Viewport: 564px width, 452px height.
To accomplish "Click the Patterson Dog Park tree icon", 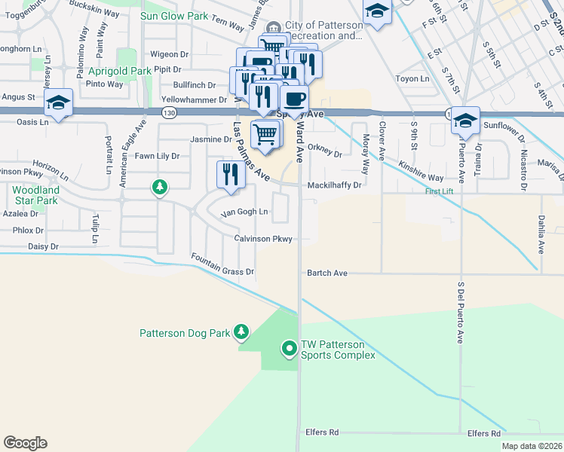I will [x=241, y=331].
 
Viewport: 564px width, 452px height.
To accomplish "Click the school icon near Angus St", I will [x=58, y=103].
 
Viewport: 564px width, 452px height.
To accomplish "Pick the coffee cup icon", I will [x=295, y=98].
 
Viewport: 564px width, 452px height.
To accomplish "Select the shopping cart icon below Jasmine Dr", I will [x=265, y=134].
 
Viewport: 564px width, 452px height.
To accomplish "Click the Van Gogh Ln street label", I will [x=244, y=212].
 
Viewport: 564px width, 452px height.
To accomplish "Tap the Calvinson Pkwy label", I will [x=262, y=239].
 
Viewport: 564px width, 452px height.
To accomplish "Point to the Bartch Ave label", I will [x=326, y=273].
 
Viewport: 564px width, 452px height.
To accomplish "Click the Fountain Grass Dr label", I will [x=222, y=265].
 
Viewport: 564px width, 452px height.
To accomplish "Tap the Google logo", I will [x=25, y=444].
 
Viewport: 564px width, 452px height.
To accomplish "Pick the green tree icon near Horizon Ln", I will [x=159, y=186].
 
